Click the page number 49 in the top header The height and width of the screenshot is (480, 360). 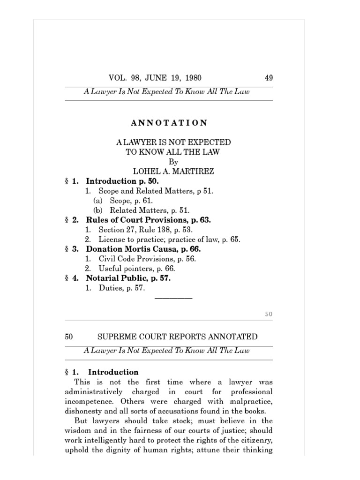coord(269,78)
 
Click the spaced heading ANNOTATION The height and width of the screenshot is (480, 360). coord(169,123)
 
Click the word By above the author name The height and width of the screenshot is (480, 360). coord(173,162)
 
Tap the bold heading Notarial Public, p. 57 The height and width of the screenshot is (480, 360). coord(128,278)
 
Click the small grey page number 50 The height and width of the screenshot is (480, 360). coord(268,314)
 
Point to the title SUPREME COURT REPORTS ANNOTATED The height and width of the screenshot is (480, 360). coord(177,337)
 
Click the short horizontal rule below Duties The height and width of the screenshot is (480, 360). coord(173,298)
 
